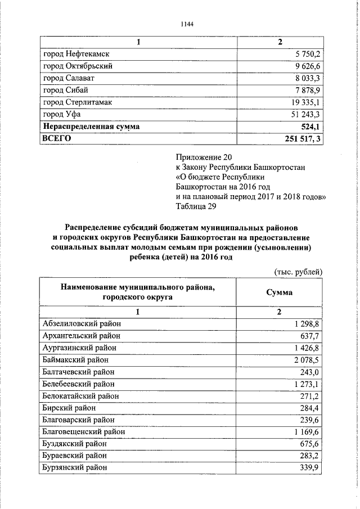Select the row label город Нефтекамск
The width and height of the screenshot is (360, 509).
75,54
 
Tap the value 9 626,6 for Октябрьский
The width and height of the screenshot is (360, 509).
304,66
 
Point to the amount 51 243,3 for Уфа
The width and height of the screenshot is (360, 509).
302,115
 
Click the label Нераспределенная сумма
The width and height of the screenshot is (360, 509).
91,127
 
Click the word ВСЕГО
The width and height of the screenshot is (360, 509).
57,139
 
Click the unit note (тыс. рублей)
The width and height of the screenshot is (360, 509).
298,271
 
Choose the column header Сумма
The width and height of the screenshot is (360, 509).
279,292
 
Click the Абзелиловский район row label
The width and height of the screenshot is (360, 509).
82,323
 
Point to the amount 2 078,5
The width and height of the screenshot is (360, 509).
306,359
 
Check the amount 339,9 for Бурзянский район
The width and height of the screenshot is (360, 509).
308,468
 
